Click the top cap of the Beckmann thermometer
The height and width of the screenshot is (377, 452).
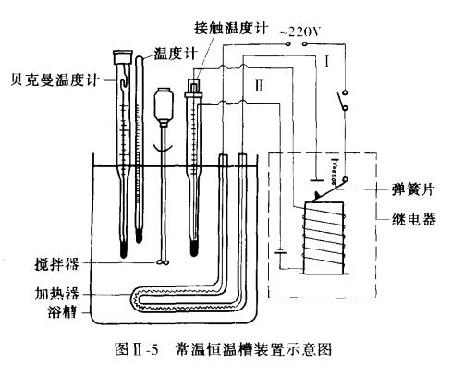[118, 56]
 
